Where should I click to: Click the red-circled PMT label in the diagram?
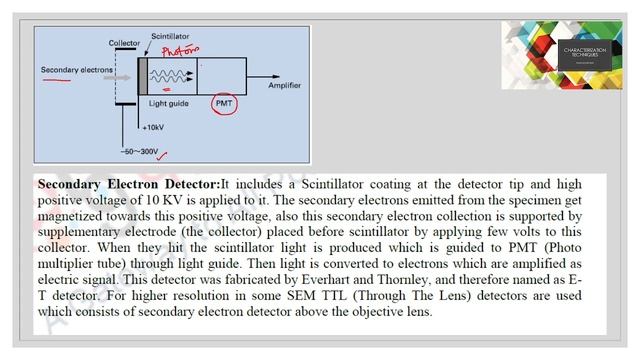[224, 103]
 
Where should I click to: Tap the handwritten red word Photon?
[180, 49]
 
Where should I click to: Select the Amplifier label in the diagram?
[284, 86]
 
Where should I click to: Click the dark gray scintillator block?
[143, 75]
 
